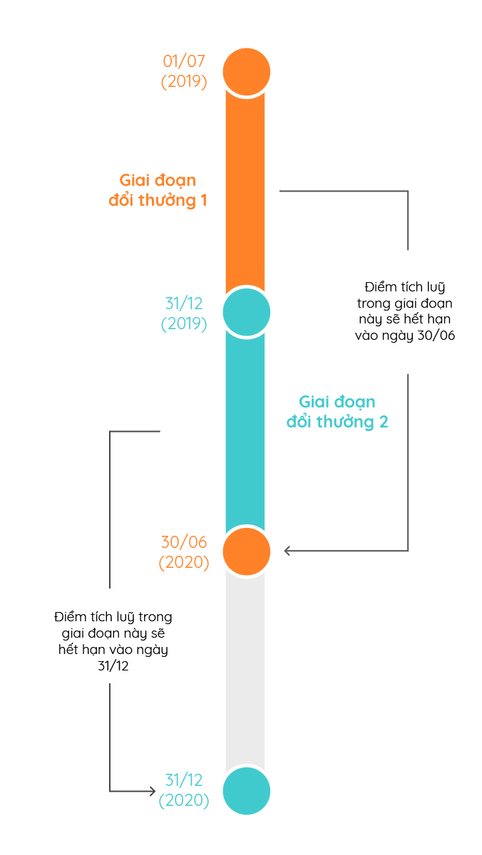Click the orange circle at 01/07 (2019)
[x=246, y=71]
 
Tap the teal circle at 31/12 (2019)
[x=246, y=311]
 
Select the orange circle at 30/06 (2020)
[x=246, y=551]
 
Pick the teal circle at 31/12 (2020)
[x=246, y=791]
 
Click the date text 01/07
[x=184, y=61]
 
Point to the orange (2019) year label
[x=184, y=81]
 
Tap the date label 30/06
[x=184, y=542]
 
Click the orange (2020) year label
[x=184, y=562]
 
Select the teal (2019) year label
[x=184, y=323]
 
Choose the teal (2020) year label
[x=184, y=800]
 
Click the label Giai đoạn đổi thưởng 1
[x=158, y=190]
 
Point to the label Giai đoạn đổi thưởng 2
[x=337, y=412]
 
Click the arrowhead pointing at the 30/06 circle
[x=287, y=551]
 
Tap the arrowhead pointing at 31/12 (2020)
[x=151, y=791]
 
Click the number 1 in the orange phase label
[x=203, y=200]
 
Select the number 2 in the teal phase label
[x=384, y=422]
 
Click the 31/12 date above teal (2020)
[x=184, y=780]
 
